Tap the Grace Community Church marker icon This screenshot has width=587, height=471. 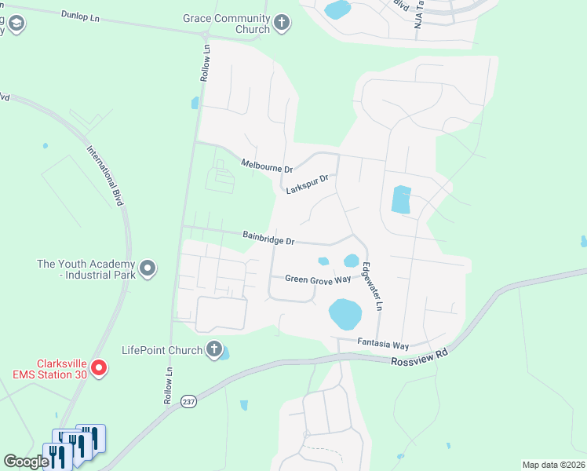tap(283, 24)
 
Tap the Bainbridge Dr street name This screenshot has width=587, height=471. tap(268, 235)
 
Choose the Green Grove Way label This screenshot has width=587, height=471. tap(318, 279)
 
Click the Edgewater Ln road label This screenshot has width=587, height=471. tap(371, 286)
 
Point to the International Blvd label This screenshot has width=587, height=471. tap(106, 176)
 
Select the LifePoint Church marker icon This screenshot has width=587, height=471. tap(213, 349)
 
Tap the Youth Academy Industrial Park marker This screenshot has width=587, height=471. tap(148, 270)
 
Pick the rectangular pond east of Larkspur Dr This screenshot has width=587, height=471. tap(401, 200)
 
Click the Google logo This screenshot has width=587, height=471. tap(26, 462)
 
